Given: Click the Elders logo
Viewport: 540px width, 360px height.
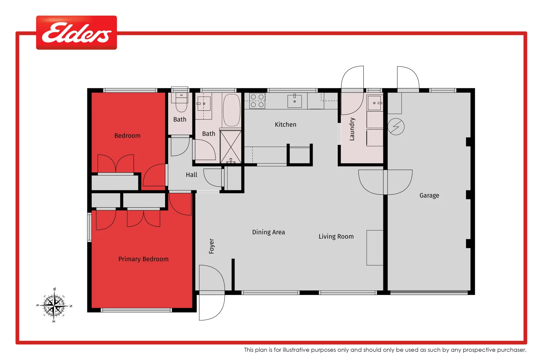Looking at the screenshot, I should coord(76,33).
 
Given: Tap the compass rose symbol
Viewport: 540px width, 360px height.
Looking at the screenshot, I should coord(54,305).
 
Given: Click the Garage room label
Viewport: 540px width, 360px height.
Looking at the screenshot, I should coord(429,195).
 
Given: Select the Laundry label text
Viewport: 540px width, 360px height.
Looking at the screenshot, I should coord(352,129).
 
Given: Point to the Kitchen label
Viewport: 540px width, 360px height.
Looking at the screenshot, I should coord(285,125).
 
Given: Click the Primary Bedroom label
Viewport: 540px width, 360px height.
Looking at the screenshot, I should coord(143,259).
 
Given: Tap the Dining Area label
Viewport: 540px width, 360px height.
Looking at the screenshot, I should coord(268,232).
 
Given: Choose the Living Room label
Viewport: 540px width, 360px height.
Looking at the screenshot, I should coord(336,236).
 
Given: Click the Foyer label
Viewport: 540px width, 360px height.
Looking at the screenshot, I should coord(211,246).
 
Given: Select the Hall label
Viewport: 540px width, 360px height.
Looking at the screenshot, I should coord(191,175).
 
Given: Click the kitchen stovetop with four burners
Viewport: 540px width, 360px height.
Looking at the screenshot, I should coord(257,101).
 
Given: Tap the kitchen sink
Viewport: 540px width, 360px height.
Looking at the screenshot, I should coord(294,101).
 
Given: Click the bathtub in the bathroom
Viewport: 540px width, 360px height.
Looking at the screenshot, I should coord(231,110).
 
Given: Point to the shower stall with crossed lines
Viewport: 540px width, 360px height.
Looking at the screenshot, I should coord(231,146).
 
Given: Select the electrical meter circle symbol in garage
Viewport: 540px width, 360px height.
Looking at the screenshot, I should coord(396,127).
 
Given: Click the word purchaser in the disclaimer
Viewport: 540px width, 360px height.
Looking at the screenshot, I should coord(511,350).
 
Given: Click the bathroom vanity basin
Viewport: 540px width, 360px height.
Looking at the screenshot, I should coord(204,104).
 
